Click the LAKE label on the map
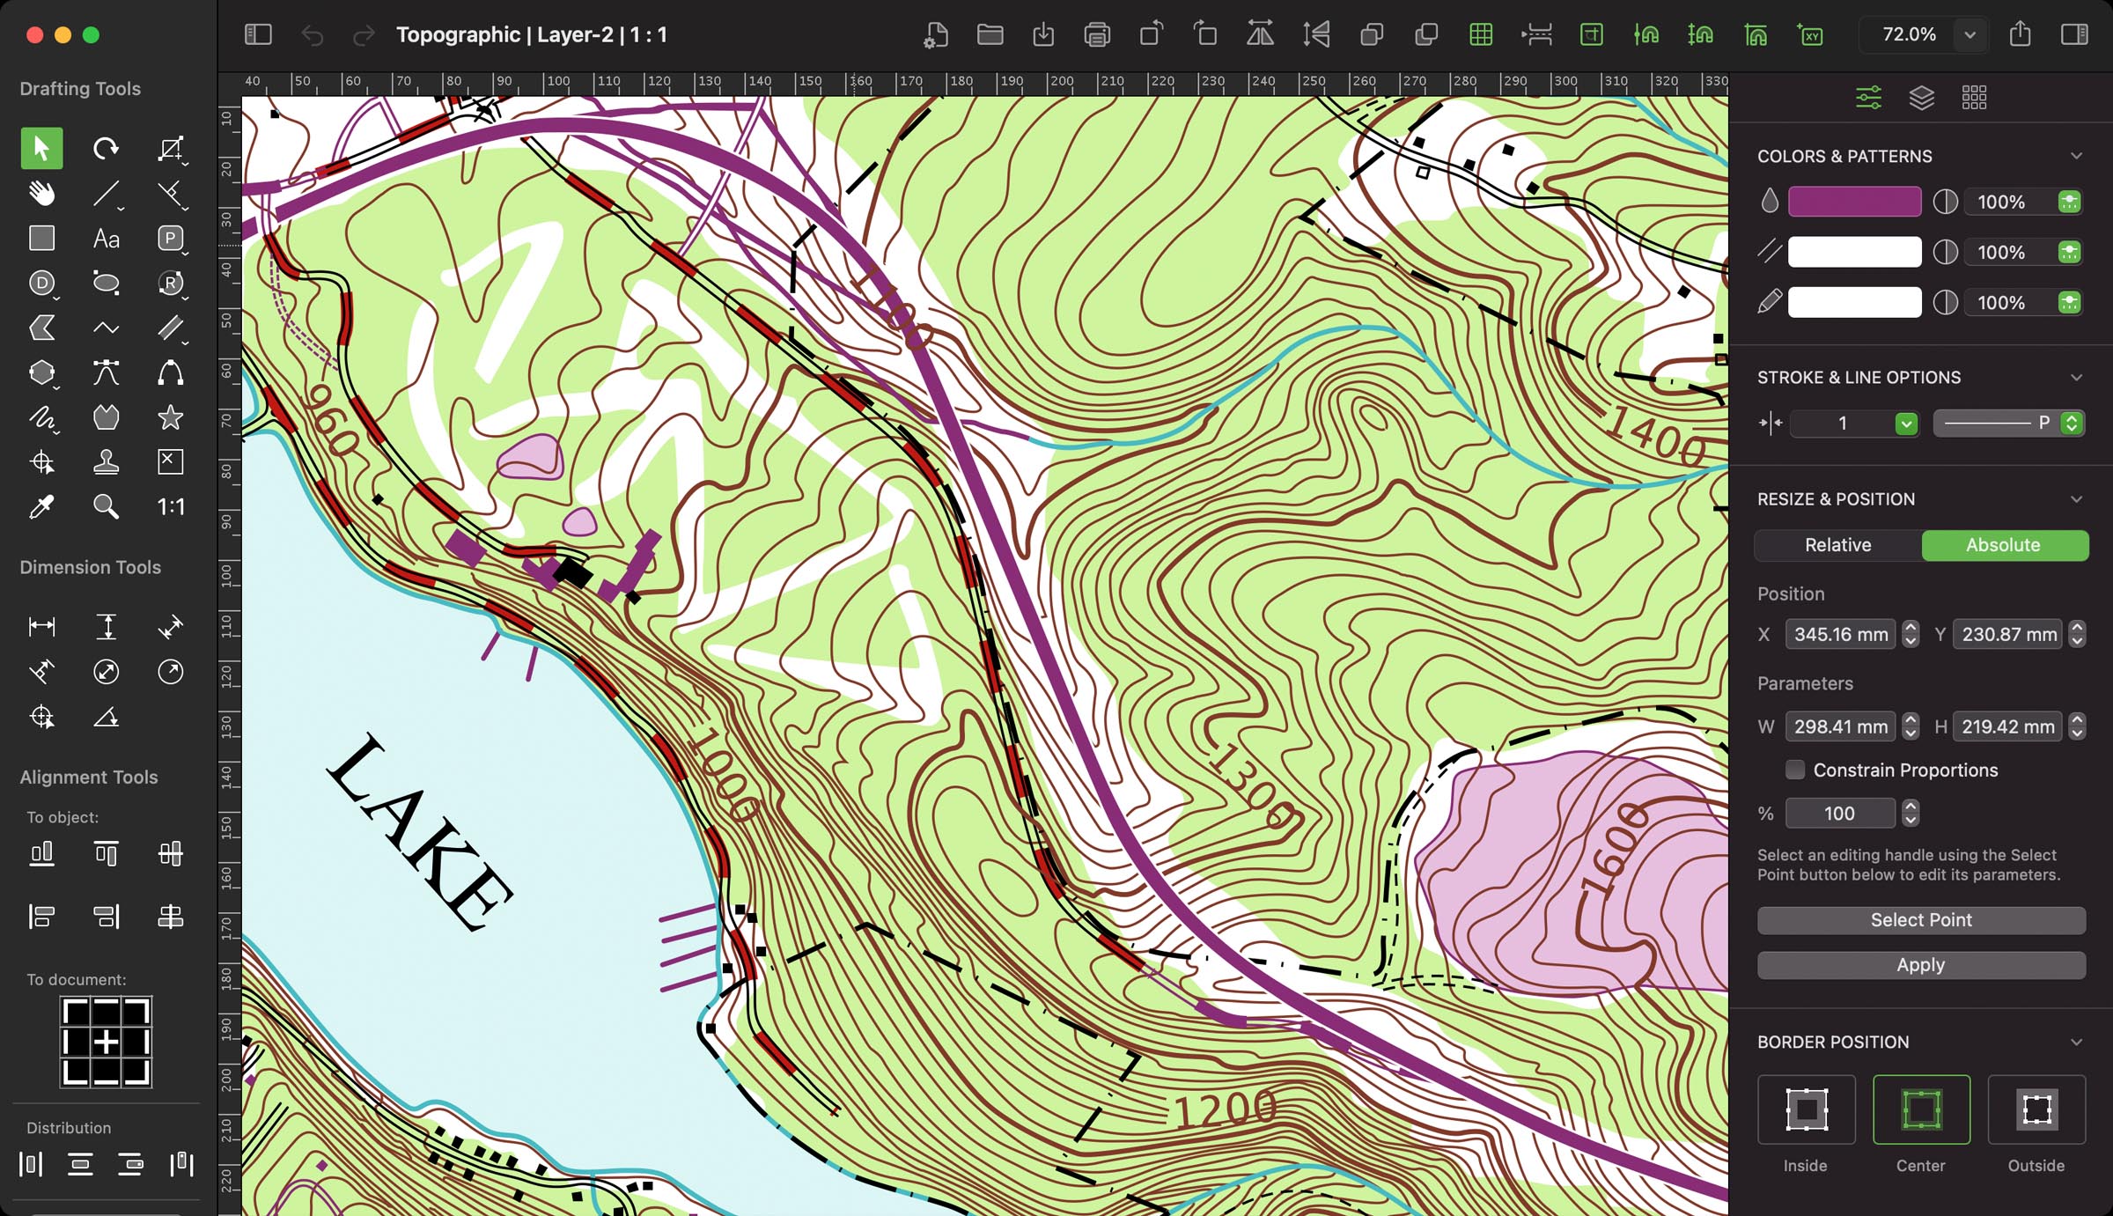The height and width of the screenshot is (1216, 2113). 421,833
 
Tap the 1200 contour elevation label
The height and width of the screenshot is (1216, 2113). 1226,1109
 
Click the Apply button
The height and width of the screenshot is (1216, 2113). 1920,964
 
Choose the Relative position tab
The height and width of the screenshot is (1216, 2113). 1837,545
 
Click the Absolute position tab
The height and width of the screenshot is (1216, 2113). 2003,545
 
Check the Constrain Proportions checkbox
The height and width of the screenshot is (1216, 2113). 1794,770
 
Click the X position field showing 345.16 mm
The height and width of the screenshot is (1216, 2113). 1840,634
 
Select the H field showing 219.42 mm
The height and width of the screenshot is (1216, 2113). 2006,726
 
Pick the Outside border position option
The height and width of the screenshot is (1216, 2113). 2036,1109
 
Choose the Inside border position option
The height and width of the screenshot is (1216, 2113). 1806,1109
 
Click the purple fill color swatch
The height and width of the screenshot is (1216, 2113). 1854,202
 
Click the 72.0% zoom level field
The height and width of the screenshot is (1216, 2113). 1909,34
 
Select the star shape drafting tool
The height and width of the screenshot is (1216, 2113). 170,417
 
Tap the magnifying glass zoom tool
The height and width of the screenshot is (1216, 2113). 106,506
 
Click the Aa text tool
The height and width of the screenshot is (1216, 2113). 106,239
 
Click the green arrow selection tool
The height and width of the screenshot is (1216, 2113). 41,148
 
